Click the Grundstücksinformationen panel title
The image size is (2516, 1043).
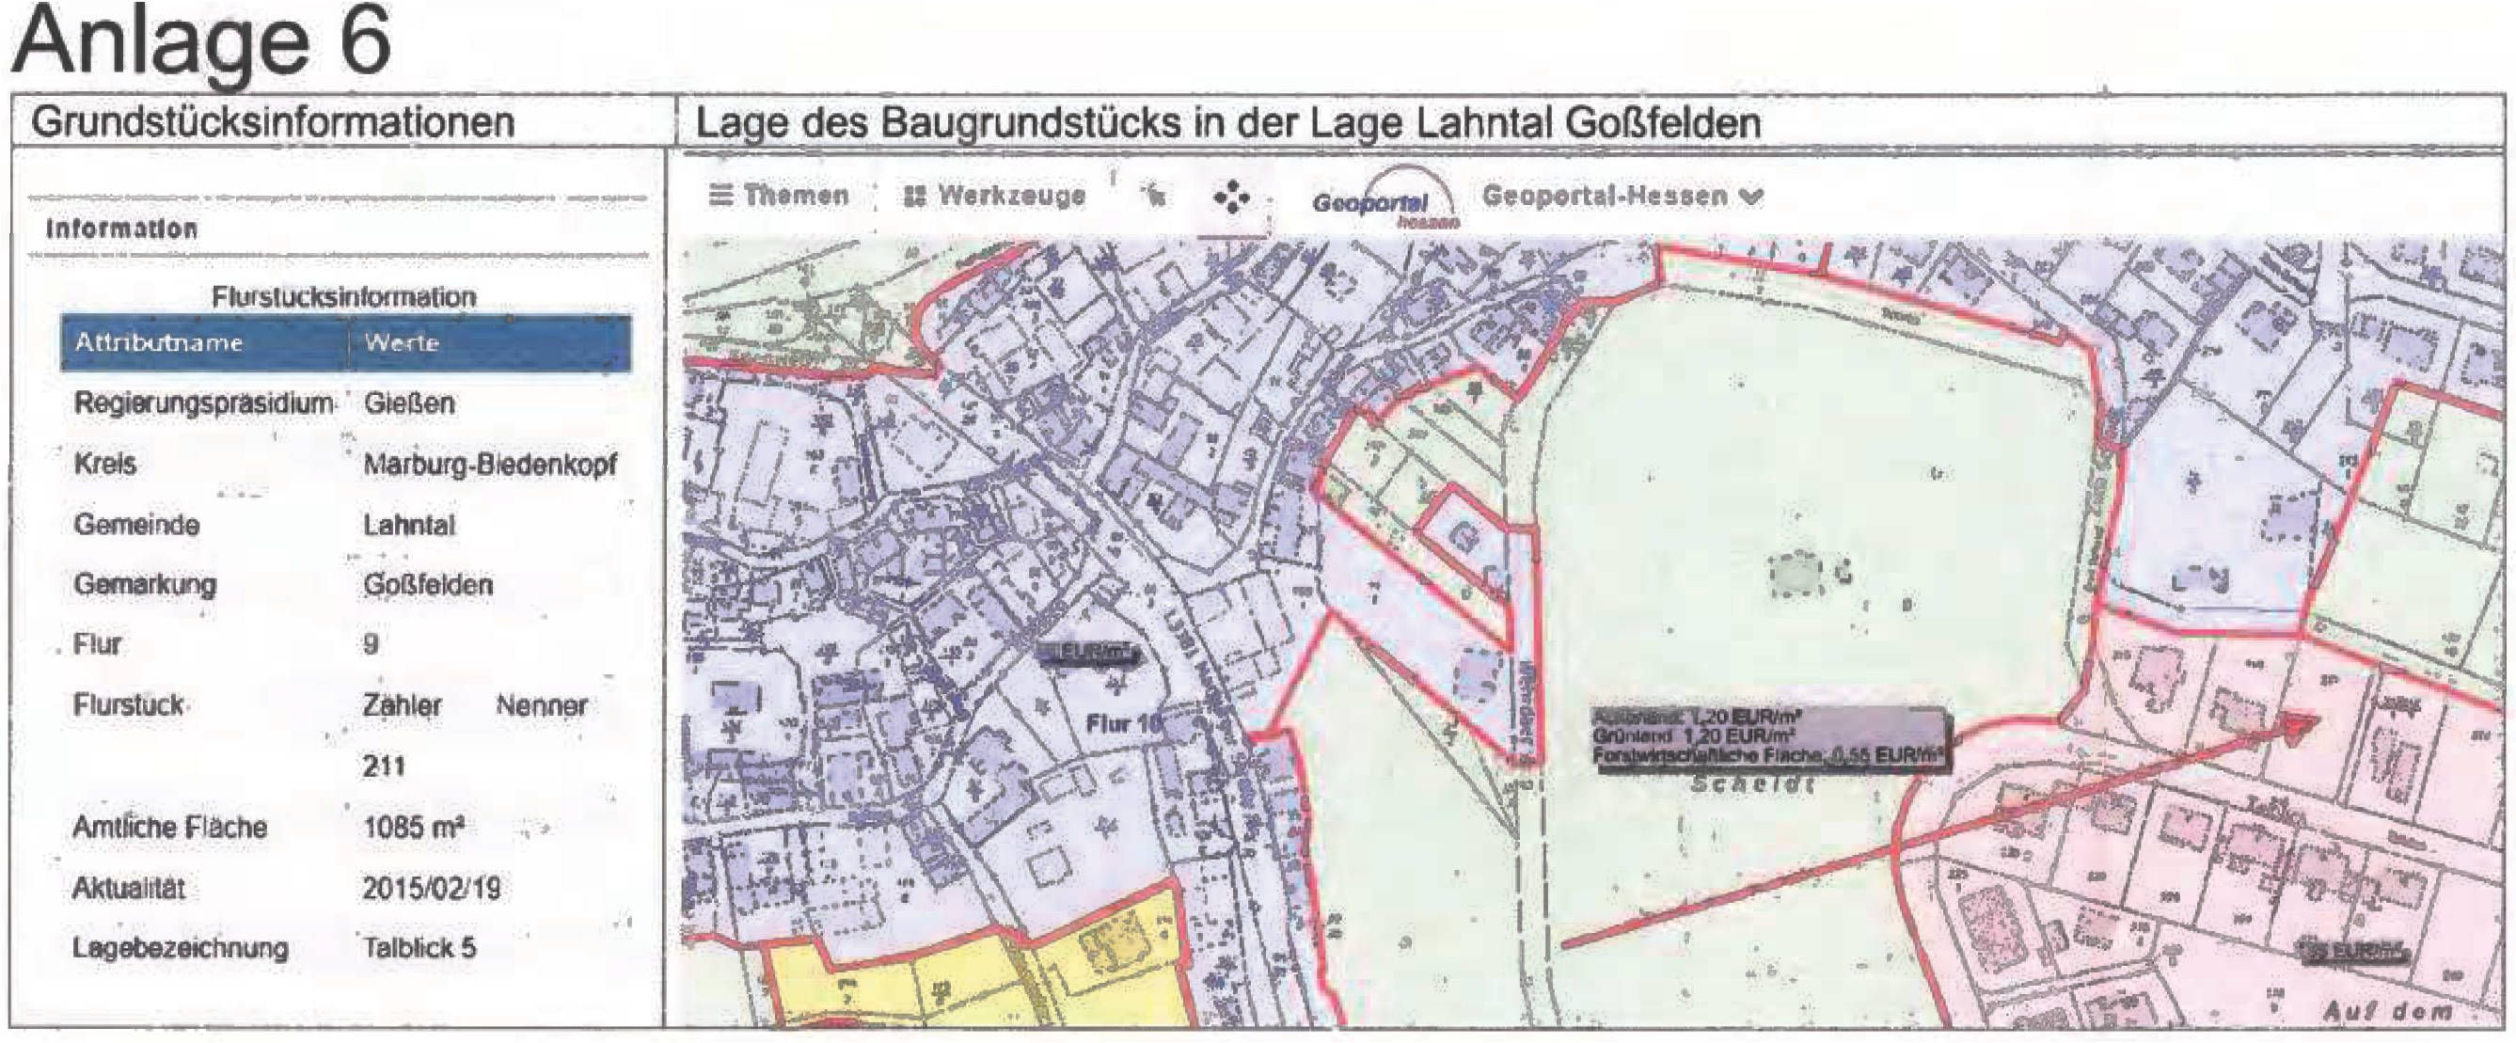coord(273,123)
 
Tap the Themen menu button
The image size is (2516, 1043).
coord(779,196)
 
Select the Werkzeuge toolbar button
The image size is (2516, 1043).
coord(994,197)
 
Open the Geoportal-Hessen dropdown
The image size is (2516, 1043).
coord(1622,197)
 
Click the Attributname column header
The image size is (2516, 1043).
coord(158,342)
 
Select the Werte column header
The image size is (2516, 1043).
coord(402,342)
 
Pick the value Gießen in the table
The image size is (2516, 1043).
coord(409,403)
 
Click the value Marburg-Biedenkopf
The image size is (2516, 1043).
coord(489,464)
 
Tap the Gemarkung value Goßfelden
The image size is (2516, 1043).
coord(428,585)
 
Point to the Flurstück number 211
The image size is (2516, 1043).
coord(384,766)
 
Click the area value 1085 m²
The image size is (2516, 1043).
coord(413,828)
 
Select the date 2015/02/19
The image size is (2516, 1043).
coord(431,888)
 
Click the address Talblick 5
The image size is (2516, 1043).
coord(420,947)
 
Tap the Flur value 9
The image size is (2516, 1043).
coord(372,644)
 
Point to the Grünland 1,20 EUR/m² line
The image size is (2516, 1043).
coord(1696,735)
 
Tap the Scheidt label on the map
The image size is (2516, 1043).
coord(1752,784)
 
